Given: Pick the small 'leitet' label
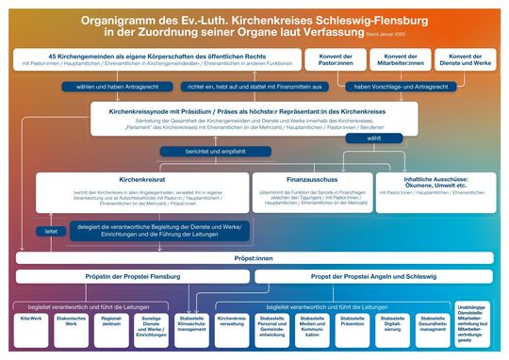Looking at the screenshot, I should (51, 230).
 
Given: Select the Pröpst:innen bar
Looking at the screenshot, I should (254, 257).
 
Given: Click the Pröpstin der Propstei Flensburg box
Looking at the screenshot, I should (133, 276).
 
